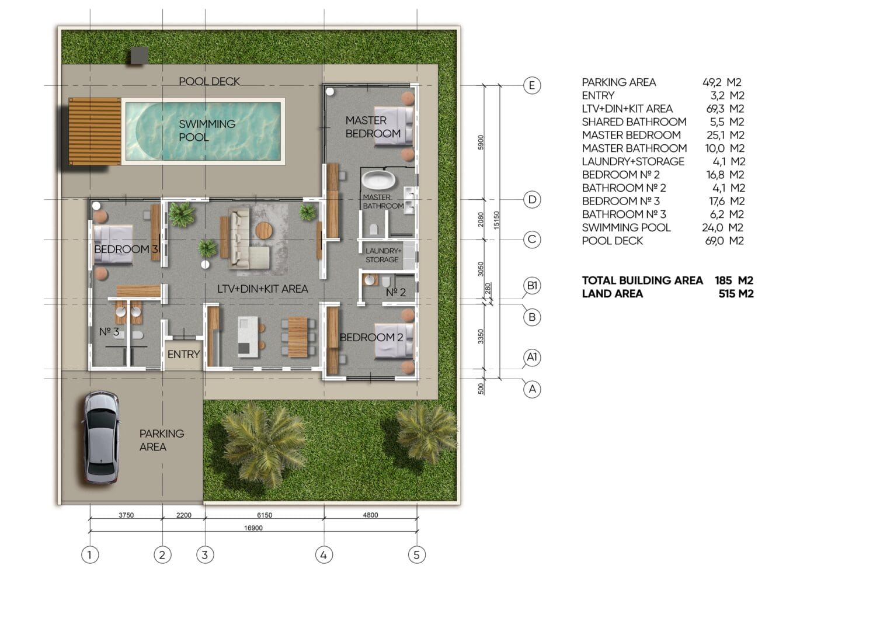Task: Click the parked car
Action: click(x=100, y=437)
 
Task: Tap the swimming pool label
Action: click(x=207, y=130)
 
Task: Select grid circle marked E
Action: click(x=532, y=85)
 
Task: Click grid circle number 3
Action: click(x=205, y=554)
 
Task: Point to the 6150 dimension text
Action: click(x=265, y=515)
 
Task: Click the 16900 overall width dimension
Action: click(x=253, y=528)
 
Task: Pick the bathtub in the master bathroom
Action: click(x=378, y=180)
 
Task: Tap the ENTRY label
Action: click(x=184, y=354)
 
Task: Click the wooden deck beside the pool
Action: click(x=95, y=131)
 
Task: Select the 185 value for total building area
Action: click(x=723, y=280)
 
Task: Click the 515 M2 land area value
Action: click(x=736, y=294)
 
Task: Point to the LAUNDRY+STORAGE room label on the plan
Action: click(x=383, y=255)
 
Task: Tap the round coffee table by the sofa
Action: click(x=264, y=230)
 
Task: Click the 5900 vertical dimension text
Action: click(x=481, y=142)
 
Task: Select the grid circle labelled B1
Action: click(x=532, y=286)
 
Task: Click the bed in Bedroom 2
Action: click(x=394, y=339)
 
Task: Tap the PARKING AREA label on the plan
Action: click(x=162, y=440)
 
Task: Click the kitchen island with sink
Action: click(x=248, y=337)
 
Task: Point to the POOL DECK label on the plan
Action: click(x=209, y=81)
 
